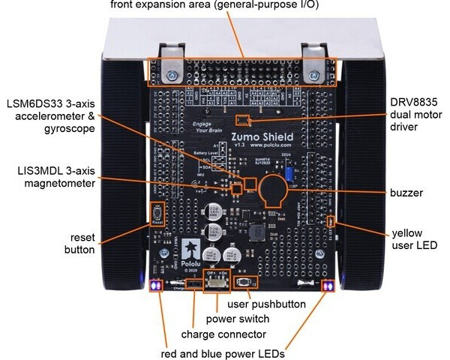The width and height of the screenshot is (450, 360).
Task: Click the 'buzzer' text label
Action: click(x=406, y=193)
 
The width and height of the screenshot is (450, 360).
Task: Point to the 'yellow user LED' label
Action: click(x=412, y=238)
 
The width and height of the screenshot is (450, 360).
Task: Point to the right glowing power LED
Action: click(x=327, y=286)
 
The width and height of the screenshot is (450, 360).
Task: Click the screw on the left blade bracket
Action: click(x=174, y=75)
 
